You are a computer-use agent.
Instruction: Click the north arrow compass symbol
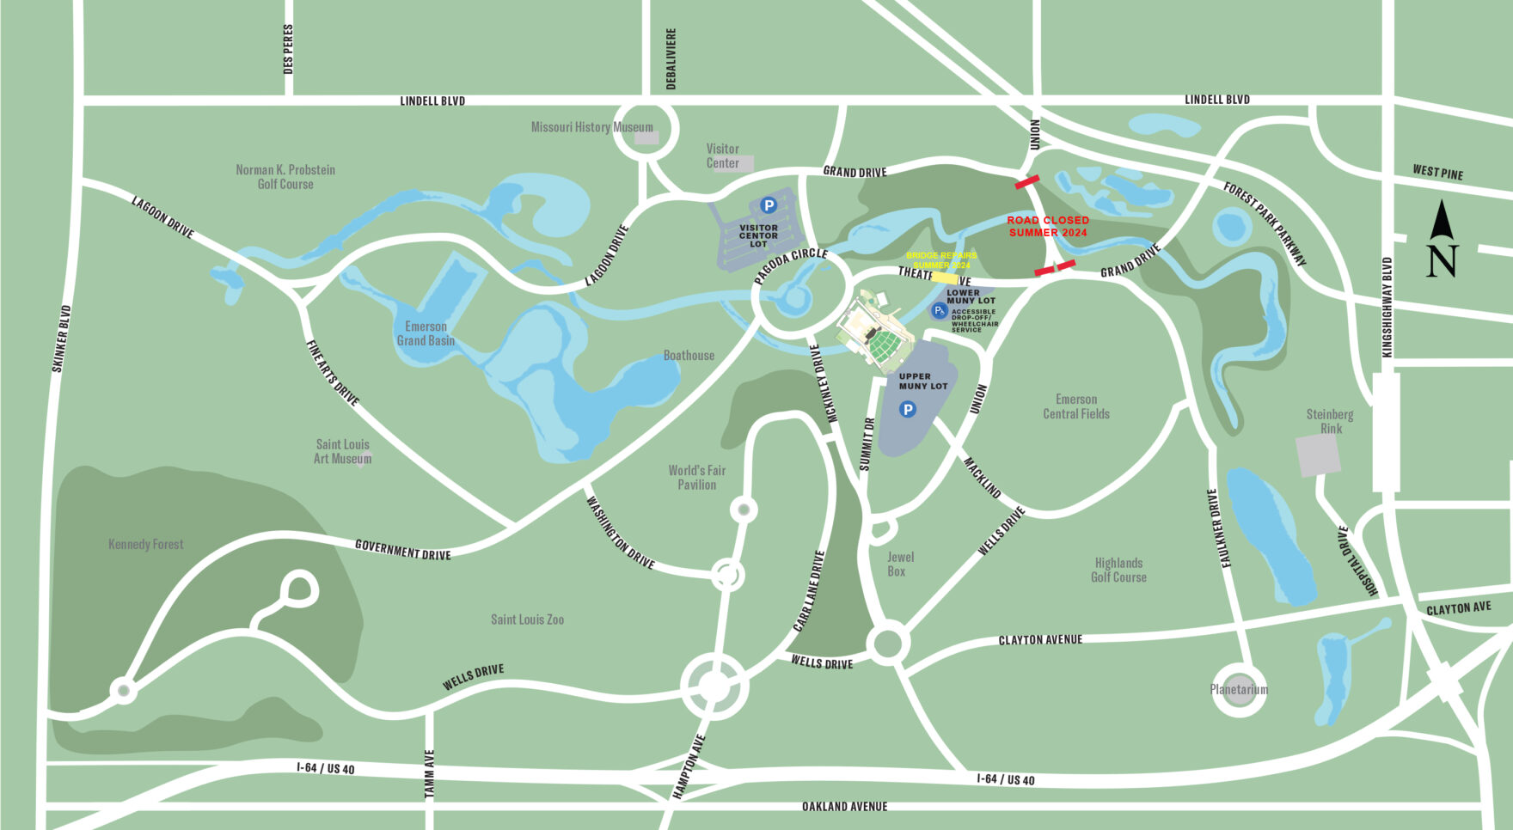pos(1442,240)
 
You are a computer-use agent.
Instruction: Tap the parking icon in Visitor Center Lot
pos(769,205)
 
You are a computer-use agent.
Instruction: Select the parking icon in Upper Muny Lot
pos(907,410)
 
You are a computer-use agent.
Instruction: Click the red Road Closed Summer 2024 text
pos(1048,226)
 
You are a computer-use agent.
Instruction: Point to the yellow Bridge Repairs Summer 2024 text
pos(941,260)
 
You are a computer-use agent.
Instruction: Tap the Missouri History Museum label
pos(591,127)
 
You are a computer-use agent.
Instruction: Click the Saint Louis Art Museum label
pos(342,451)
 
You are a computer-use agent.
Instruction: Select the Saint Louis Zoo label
pos(527,619)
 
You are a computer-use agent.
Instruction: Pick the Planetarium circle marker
pos(1239,689)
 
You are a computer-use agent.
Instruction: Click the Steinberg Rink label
pos(1330,421)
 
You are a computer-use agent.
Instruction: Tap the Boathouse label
pos(689,355)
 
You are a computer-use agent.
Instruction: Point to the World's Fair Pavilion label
pos(696,478)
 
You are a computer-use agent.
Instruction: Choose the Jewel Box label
pos(899,564)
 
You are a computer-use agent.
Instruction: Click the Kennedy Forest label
pos(145,544)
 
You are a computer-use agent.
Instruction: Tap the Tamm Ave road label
pos(430,774)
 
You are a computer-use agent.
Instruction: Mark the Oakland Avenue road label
pos(844,807)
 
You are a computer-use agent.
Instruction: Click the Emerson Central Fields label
pos(1076,406)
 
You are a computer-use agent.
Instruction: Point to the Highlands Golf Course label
pos(1118,570)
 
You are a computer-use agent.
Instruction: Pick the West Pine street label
pos(1437,172)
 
